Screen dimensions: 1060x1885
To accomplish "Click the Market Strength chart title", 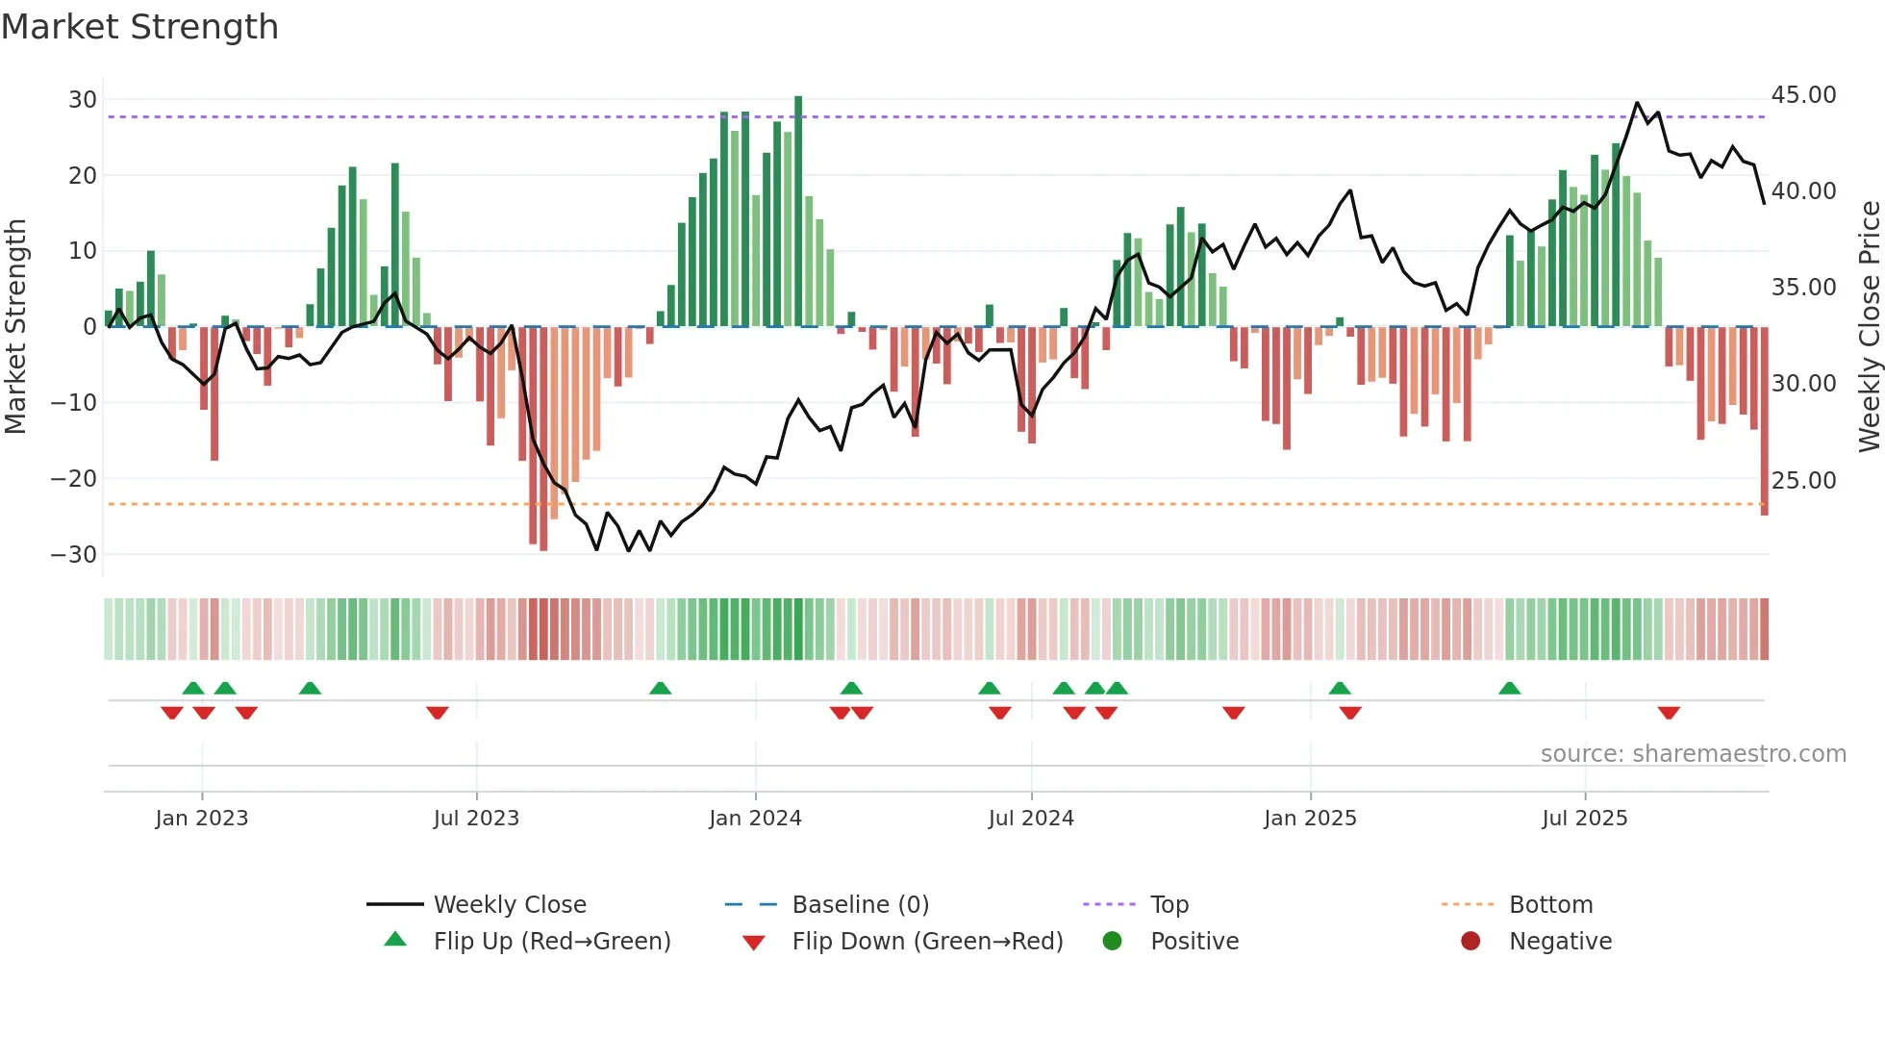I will click(139, 27).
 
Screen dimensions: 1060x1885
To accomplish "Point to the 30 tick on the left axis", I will click(83, 100).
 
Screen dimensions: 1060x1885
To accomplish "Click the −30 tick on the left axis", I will click(74, 555).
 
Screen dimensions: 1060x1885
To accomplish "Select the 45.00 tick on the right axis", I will click(1803, 95).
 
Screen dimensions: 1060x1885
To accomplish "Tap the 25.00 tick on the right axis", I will click(1803, 480).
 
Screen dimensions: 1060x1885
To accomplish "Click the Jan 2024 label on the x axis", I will click(755, 819).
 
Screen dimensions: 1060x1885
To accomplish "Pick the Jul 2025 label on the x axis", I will click(1584, 819).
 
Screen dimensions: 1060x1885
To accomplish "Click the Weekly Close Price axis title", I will click(1869, 327).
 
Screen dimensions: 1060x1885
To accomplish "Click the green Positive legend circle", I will click(1113, 942).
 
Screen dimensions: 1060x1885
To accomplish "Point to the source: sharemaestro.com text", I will click(1693, 754).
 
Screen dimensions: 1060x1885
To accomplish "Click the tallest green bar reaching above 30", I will click(798, 212).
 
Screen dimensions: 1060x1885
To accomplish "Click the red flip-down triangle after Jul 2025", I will click(1669, 713).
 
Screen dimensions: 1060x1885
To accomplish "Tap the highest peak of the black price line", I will click(1637, 103).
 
